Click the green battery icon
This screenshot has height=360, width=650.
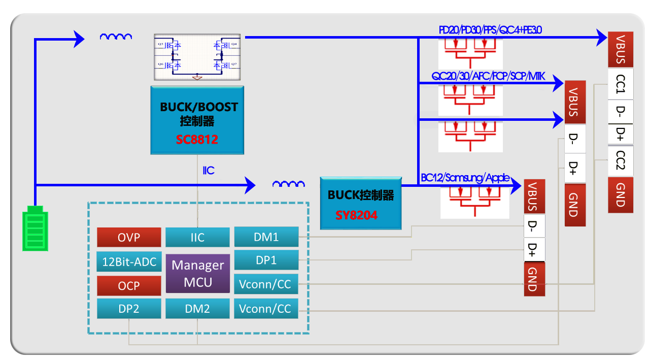[35, 228]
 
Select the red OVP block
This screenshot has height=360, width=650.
[128, 238]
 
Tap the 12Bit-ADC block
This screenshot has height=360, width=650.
[128, 262]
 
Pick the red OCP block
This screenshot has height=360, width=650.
[128, 286]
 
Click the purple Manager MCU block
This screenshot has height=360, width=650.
[197, 274]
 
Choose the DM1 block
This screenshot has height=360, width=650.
[266, 237]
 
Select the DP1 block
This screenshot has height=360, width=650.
[266, 260]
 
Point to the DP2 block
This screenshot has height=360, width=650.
[128, 309]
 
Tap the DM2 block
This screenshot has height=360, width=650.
[197, 309]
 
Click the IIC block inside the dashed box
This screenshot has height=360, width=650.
[197, 237]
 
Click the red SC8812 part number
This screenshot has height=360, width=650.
[197, 140]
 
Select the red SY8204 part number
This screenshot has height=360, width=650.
[356, 215]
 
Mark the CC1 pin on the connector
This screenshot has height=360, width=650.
[620, 83]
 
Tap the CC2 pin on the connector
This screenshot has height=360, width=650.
[620, 159]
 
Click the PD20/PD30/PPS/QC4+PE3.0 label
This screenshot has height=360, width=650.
[490, 30]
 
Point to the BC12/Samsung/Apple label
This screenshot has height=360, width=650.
[465, 178]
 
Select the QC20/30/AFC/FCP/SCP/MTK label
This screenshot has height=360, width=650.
[488, 76]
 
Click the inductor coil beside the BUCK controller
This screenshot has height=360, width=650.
[289, 184]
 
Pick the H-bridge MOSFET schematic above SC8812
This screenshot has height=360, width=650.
[197, 57]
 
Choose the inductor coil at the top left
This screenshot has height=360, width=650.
[116, 37]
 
